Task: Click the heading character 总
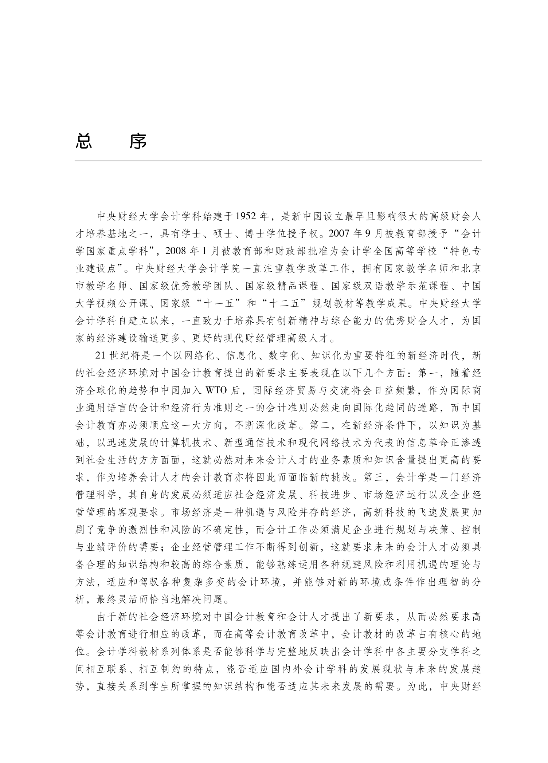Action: [x=83, y=142]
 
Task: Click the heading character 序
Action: [x=138, y=142]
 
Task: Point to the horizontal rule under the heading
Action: [x=278, y=161]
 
